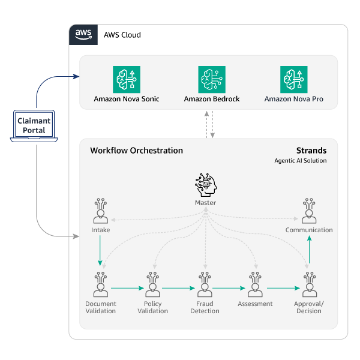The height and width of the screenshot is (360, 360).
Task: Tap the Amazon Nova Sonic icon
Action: tap(127, 79)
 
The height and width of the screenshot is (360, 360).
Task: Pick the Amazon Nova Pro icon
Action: tap(294, 79)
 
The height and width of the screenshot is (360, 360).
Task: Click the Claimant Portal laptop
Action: tap(34, 126)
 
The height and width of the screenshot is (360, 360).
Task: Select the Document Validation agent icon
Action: tap(101, 286)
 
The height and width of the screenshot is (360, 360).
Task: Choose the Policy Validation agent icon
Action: tap(153, 286)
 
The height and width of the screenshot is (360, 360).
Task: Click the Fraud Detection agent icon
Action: tap(205, 286)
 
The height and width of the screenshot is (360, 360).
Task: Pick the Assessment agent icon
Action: tap(256, 286)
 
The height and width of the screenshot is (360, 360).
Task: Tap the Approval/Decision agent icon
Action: tap(309, 286)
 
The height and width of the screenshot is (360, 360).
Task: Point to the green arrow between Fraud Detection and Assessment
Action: tap(230, 288)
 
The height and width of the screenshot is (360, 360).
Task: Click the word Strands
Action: tap(312, 151)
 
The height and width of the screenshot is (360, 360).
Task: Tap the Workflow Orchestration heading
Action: tap(136, 151)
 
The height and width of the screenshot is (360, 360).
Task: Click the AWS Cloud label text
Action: tap(122, 35)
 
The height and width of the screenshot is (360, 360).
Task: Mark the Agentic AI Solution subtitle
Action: tap(301, 161)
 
